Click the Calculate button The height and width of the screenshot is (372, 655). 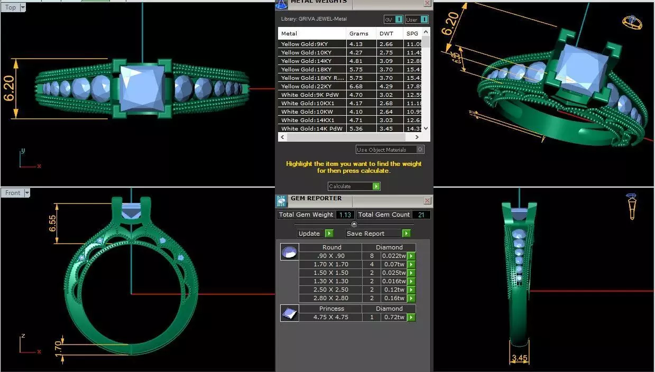pos(354,186)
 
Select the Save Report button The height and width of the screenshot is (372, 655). pos(377,234)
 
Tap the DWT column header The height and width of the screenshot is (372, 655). pos(385,33)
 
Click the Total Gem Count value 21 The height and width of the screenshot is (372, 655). pos(422,215)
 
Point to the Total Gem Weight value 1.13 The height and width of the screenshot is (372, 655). pos(345,215)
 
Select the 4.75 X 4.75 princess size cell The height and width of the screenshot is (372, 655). pos(331,318)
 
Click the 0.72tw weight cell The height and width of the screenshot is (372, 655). pos(393,318)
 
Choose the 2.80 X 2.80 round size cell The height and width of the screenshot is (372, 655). pos(331,299)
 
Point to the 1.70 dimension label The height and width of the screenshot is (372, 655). pos(59,348)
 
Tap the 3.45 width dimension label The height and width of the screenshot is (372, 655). pos(519,358)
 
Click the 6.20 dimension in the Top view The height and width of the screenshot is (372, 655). pos(10,89)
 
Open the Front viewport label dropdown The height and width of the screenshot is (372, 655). pos(26,193)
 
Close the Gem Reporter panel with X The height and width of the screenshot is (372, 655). pos(427,201)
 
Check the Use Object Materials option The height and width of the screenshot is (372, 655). pos(420,150)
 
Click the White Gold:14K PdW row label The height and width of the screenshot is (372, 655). pos(311,128)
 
